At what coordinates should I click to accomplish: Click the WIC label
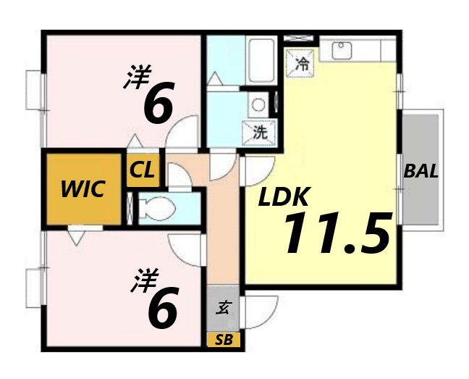(x=83, y=189)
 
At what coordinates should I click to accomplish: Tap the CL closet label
(x=142, y=172)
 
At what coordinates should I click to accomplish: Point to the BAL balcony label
(x=421, y=172)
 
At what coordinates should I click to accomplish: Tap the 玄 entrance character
(x=224, y=307)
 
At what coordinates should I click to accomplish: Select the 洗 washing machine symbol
(x=260, y=133)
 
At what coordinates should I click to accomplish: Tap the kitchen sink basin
(x=340, y=50)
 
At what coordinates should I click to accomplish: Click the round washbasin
(x=258, y=104)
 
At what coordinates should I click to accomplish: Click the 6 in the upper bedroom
(x=159, y=104)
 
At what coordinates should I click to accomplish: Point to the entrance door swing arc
(x=264, y=312)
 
